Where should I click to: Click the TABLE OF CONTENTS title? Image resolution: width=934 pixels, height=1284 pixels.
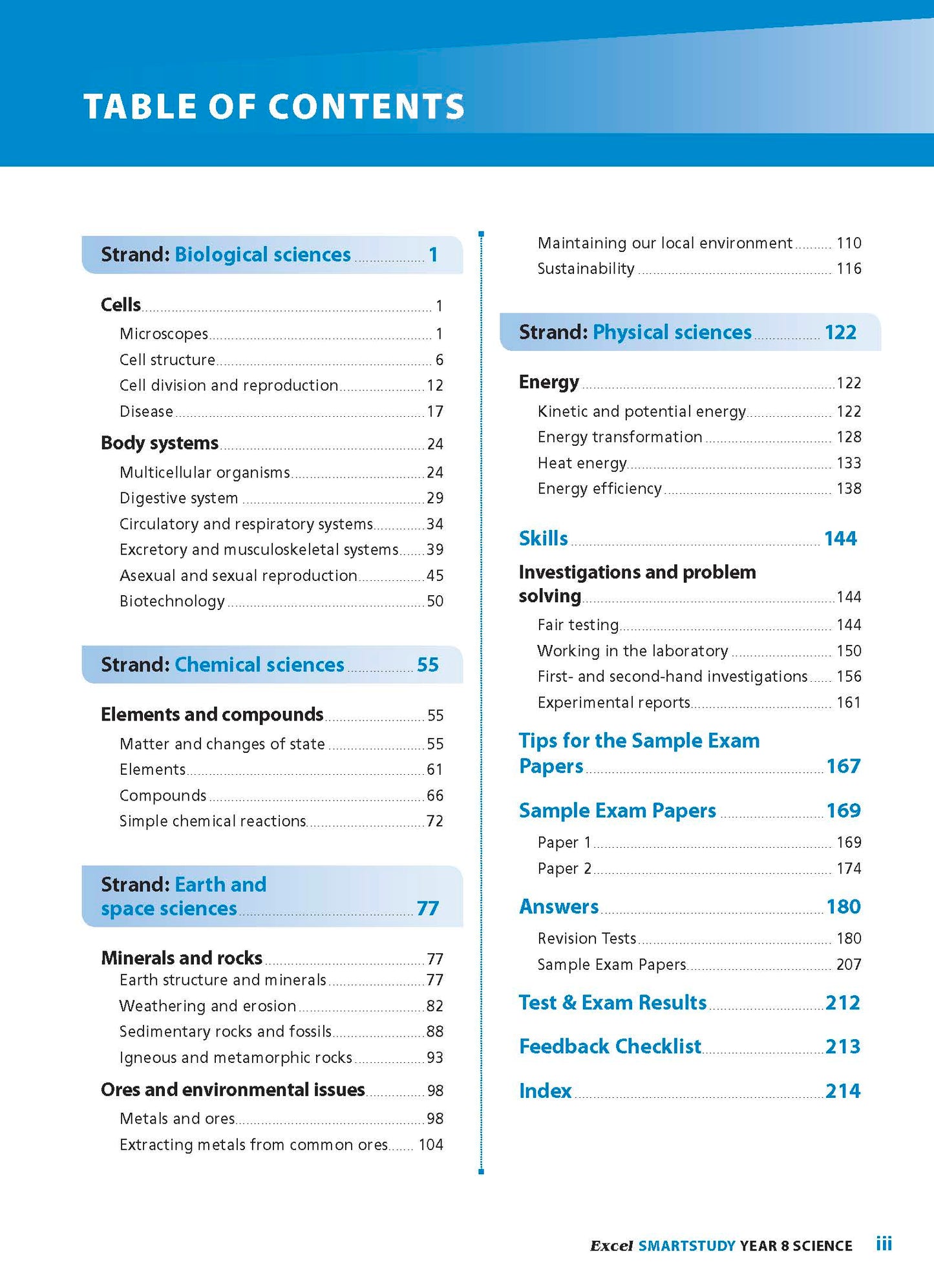(274, 107)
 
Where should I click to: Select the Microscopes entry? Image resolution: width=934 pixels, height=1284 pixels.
(164, 334)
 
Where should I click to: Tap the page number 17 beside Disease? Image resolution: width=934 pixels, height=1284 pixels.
(435, 412)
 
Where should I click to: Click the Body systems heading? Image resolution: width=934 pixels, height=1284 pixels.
(160, 443)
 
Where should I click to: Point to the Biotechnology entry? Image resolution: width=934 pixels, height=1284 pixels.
(172, 602)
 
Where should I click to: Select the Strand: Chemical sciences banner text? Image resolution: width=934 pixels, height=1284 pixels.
(222, 665)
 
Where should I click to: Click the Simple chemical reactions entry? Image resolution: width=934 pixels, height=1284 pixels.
(213, 821)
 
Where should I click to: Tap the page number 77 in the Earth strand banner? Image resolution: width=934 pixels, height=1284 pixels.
(428, 909)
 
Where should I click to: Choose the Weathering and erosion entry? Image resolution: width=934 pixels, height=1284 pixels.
(207, 1006)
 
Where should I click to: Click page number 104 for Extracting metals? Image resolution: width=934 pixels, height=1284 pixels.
(430, 1145)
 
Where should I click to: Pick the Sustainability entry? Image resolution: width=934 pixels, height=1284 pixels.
(586, 269)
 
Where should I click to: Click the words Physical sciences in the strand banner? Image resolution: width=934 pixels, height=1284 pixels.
(672, 332)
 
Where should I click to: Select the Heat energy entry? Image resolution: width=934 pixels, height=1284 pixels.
(582, 463)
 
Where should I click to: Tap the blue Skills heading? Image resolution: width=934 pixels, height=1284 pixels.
(543, 538)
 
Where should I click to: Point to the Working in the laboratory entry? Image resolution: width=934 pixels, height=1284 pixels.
(632, 651)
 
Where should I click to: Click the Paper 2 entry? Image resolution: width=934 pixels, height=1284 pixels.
(564, 868)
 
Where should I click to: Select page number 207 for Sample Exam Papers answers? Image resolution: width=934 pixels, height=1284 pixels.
(849, 965)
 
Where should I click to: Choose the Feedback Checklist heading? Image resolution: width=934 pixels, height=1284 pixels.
(610, 1046)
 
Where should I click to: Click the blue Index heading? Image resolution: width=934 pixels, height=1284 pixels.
(545, 1091)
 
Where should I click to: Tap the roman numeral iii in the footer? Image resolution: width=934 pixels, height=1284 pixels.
(884, 1244)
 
